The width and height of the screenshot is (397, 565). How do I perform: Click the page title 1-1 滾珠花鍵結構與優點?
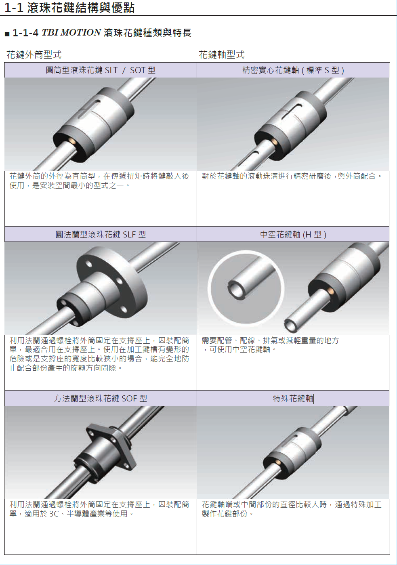(x=69, y=8)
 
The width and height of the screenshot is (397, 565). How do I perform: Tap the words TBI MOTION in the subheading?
(x=71, y=33)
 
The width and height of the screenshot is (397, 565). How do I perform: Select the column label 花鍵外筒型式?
(x=34, y=55)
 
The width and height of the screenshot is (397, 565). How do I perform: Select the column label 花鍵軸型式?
(x=222, y=55)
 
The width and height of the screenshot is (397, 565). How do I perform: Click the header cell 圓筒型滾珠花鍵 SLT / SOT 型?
(x=101, y=70)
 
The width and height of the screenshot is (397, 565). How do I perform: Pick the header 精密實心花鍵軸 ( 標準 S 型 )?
(x=293, y=70)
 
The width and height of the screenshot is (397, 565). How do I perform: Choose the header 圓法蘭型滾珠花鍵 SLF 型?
(x=101, y=234)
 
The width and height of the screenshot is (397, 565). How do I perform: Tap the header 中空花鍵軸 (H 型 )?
(x=293, y=234)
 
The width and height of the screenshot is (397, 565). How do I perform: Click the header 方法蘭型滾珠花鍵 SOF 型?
(x=101, y=398)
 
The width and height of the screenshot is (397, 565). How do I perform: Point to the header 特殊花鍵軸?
(x=293, y=398)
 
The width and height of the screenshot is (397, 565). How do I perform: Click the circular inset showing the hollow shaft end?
(x=246, y=288)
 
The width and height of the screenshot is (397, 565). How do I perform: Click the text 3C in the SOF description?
(x=54, y=513)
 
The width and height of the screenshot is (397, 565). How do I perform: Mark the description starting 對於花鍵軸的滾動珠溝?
(x=292, y=176)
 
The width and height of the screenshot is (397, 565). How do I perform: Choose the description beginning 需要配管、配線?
(x=270, y=345)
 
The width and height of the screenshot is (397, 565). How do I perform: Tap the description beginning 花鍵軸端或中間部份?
(x=292, y=509)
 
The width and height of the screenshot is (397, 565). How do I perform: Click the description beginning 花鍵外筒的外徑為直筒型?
(x=99, y=181)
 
